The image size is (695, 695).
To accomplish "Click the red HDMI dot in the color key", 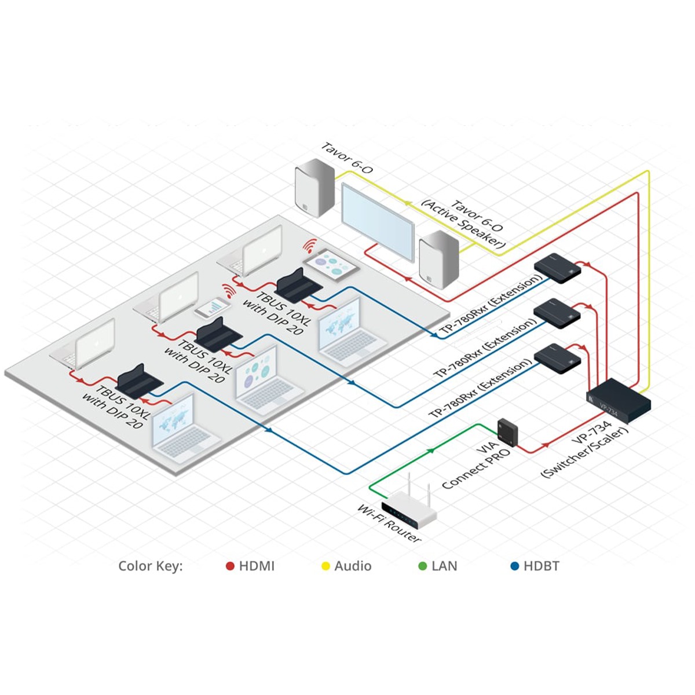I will tap(230, 566).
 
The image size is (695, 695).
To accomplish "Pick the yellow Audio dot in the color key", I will tap(325, 566).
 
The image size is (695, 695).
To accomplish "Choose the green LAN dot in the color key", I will tap(423, 566).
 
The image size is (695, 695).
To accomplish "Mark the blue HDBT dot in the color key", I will tap(515, 566).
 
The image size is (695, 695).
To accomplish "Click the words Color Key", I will tap(150, 566).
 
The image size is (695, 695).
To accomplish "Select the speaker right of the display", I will tap(438, 258).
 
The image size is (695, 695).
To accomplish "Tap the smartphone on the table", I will tap(211, 308).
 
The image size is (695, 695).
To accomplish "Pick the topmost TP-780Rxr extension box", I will tap(558, 267).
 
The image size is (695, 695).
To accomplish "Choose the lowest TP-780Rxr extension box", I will tap(557, 358).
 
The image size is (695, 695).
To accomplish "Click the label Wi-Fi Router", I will tap(389, 524).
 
